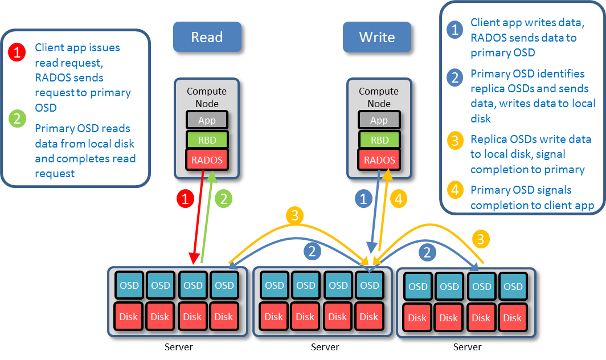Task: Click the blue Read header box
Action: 207,37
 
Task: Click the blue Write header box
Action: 376,37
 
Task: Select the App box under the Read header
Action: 207,120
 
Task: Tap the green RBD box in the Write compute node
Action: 379,140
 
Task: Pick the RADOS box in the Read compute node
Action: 207,160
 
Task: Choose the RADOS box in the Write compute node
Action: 379,160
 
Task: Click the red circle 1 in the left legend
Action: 17,53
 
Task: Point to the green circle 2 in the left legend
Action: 17,118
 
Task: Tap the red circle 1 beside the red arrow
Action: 185,199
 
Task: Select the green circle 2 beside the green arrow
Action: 224,199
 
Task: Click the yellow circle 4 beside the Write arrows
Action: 398,199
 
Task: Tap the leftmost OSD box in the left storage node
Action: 129,285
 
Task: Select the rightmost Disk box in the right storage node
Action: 512,318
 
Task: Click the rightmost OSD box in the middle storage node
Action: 369,285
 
